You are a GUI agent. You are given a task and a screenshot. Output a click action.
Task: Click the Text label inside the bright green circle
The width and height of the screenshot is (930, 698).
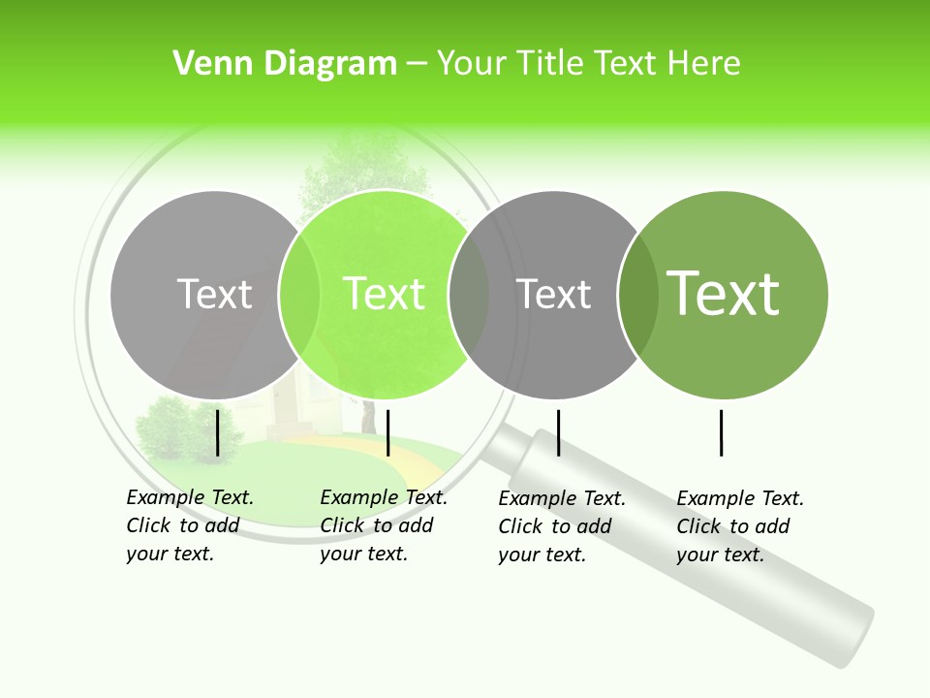385,294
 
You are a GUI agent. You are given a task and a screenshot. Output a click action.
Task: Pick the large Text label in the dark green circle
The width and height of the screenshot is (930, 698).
723,293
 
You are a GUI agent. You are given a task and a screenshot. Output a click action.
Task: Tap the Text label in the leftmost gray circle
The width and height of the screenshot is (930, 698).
214,294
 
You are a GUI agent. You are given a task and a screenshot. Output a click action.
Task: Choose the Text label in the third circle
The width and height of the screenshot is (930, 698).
553,294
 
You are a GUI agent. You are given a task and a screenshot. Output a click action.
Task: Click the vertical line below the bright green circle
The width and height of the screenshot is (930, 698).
387,432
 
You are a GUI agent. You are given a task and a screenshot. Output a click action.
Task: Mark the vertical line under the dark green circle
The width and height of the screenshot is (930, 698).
722,432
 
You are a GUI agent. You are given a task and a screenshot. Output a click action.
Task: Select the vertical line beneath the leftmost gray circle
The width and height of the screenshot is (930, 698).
218,432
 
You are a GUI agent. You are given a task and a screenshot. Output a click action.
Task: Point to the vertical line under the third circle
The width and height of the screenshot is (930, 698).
558,432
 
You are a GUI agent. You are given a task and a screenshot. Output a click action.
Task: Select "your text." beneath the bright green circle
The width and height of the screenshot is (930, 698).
363,554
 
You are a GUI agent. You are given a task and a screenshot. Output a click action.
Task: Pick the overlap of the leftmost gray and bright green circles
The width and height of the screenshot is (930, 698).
298,295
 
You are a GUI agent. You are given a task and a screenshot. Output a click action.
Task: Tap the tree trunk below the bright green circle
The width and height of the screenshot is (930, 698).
368,417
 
